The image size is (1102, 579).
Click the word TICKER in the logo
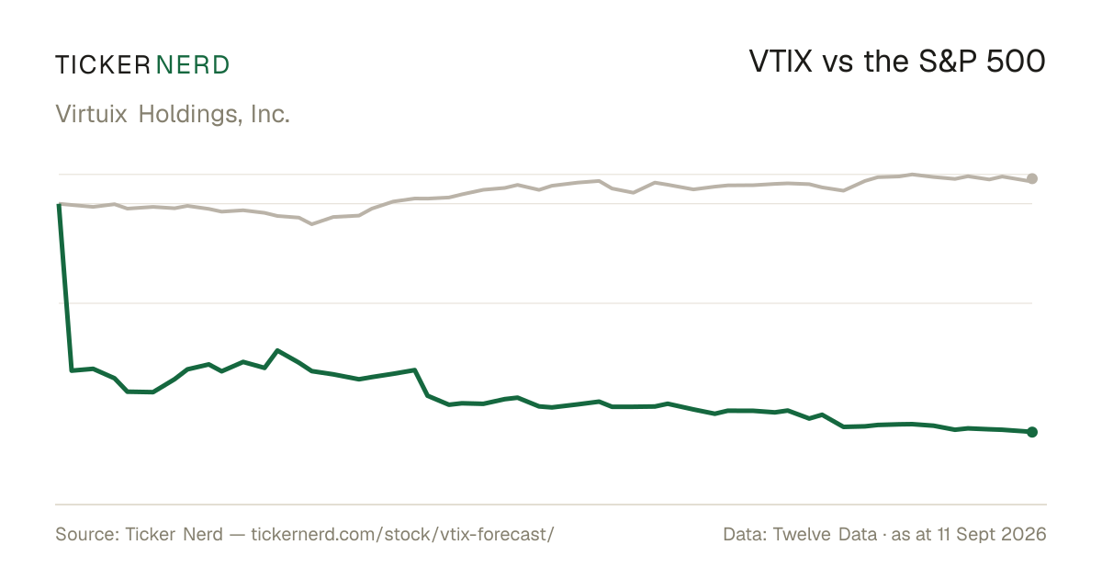tap(103, 65)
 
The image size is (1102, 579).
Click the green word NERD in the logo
tap(193, 65)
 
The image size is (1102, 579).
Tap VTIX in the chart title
tap(781, 62)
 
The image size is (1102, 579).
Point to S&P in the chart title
tap(948, 62)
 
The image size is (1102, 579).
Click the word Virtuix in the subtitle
tap(92, 114)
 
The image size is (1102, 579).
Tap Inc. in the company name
tap(270, 114)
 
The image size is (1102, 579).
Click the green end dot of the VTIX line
tap(1032, 432)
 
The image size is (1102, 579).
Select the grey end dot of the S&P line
tap(1032, 178)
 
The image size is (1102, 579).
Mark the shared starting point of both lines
tap(59, 204)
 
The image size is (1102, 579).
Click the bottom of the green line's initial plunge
tap(72, 370)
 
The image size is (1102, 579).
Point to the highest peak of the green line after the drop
tap(278, 350)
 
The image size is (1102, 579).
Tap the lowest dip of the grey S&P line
tap(312, 224)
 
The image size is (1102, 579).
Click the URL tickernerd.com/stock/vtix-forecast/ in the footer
tap(402, 535)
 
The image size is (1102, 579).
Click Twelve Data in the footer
tap(825, 535)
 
